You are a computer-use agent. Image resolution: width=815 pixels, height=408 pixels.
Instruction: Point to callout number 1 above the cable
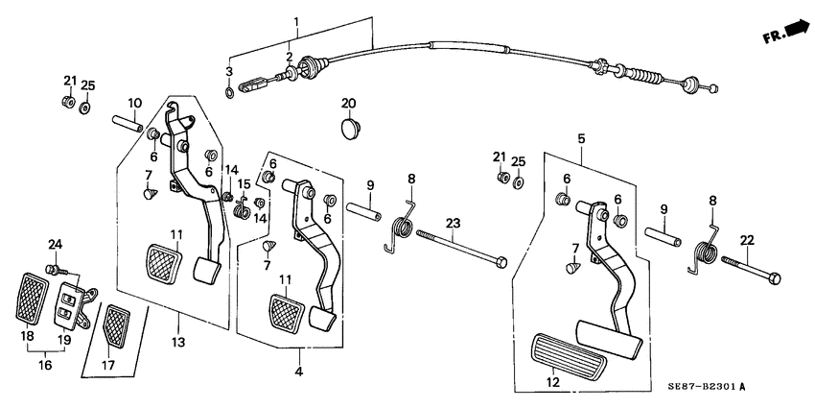click(x=296, y=20)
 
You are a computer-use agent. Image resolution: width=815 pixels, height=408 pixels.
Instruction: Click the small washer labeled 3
click(x=228, y=92)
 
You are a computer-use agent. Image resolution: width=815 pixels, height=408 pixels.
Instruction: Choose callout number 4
click(x=298, y=372)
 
